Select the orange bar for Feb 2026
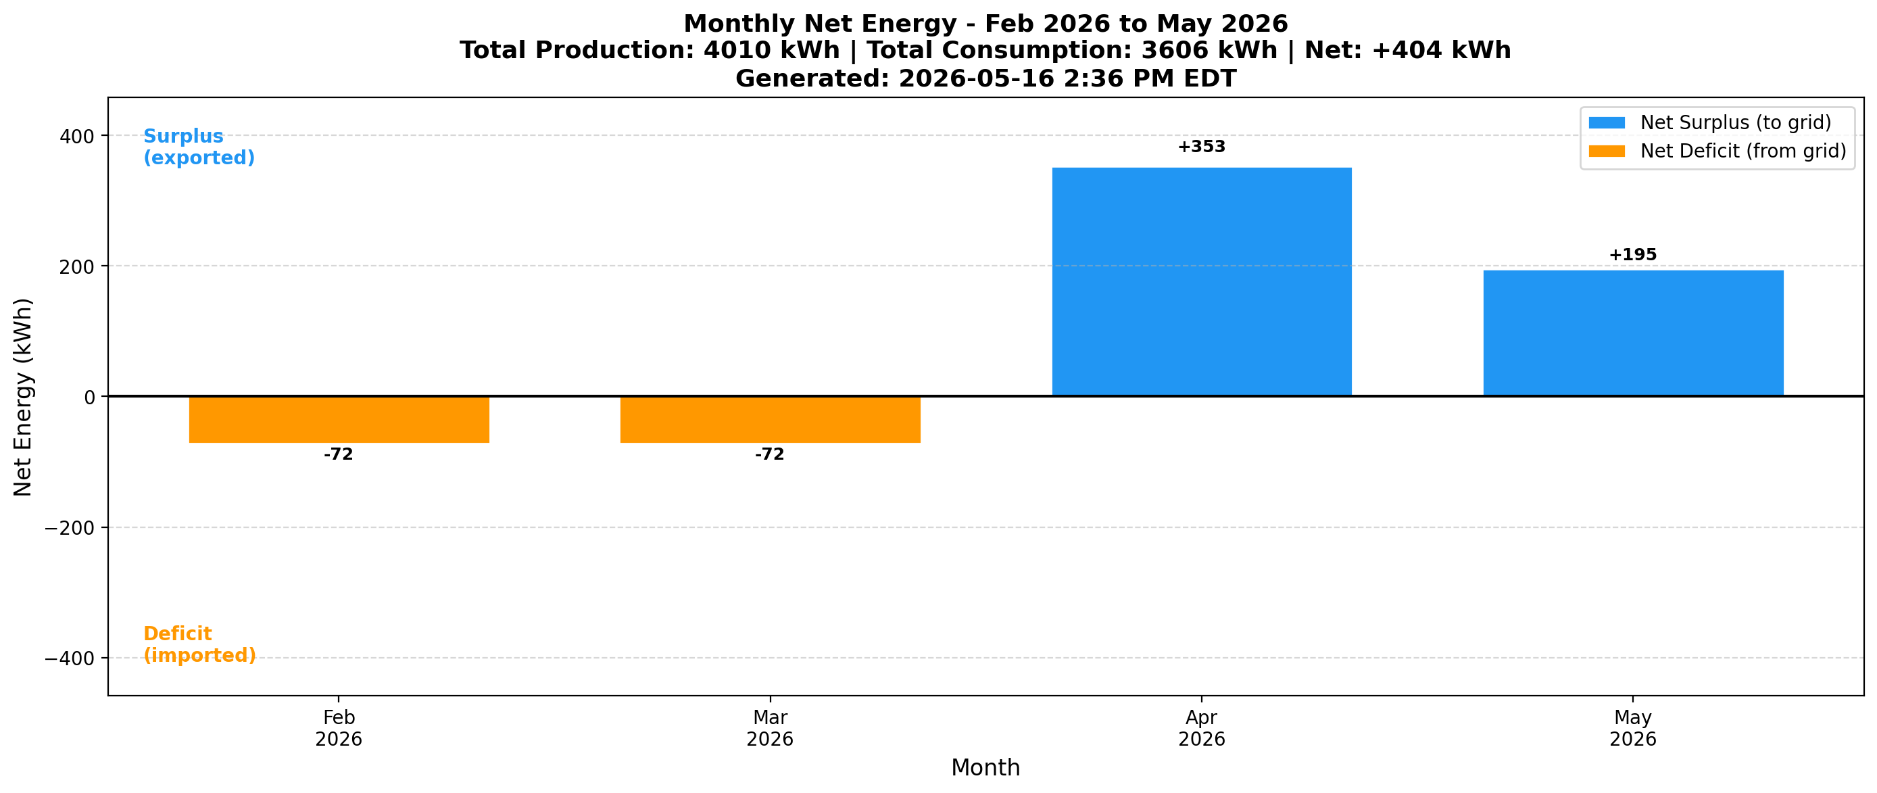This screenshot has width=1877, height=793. (x=339, y=420)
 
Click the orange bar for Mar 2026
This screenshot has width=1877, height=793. (x=770, y=420)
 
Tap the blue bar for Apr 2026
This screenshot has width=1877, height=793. (x=1202, y=282)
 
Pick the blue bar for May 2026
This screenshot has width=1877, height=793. (x=1633, y=333)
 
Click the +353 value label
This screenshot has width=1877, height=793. (x=1202, y=147)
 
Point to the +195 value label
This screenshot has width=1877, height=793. (x=1633, y=255)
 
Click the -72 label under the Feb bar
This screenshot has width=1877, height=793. (x=339, y=455)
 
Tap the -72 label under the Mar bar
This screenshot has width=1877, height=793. (x=770, y=455)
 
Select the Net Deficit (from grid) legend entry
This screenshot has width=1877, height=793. (x=1717, y=151)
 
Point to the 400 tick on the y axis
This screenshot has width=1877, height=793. (x=77, y=137)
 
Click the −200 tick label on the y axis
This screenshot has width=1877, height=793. (x=70, y=528)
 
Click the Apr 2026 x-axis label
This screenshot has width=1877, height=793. (x=1202, y=728)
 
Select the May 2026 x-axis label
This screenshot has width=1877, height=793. (x=1633, y=728)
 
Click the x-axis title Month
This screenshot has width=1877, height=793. (x=985, y=767)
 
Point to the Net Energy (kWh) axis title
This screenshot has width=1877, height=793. (x=23, y=398)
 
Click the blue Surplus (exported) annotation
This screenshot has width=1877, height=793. (x=199, y=147)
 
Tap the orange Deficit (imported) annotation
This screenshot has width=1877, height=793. (x=199, y=644)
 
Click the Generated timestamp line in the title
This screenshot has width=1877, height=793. (x=986, y=78)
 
